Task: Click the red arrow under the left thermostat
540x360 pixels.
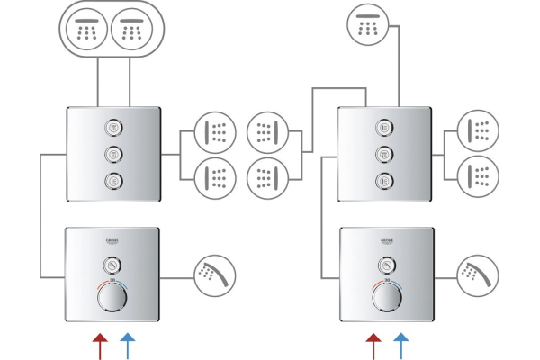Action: click(99, 346)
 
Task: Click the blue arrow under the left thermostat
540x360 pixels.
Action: click(127, 346)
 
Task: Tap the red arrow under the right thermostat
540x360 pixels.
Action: click(373, 346)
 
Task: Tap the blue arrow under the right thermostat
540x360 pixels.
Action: click(401, 346)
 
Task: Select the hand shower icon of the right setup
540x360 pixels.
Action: click(478, 274)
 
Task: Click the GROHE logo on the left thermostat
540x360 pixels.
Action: click(113, 242)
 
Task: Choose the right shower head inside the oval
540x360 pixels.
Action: click(132, 29)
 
